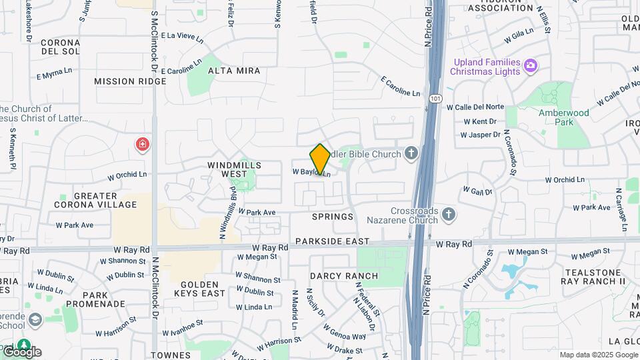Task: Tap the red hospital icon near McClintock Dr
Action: pyautogui.click(x=142, y=145)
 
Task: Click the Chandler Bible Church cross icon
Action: pyautogui.click(x=411, y=154)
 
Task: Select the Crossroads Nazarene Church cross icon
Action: pyautogui.click(x=449, y=215)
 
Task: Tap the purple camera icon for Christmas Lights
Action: pyautogui.click(x=531, y=65)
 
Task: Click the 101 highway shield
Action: pyautogui.click(x=435, y=97)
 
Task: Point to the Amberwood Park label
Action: pyautogui.click(x=564, y=117)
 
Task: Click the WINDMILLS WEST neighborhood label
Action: pyautogui.click(x=234, y=169)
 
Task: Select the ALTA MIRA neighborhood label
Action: pyautogui.click(x=234, y=70)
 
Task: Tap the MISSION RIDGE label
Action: pyautogui.click(x=130, y=81)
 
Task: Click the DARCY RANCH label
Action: pyautogui.click(x=344, y=275)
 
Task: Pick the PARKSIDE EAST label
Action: pyautogui.click(x=332, y=241)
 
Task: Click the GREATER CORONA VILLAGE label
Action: pyautogui.click(x=96, y=201)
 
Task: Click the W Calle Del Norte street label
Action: pyautogui.click(x=475, y=107)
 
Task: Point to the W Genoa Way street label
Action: pyautogui.click(x=345, y=332)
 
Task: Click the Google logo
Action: pyautogui.click(x=21, y=351)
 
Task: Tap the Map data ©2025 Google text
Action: pyautogui.click(x=599, y=355)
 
